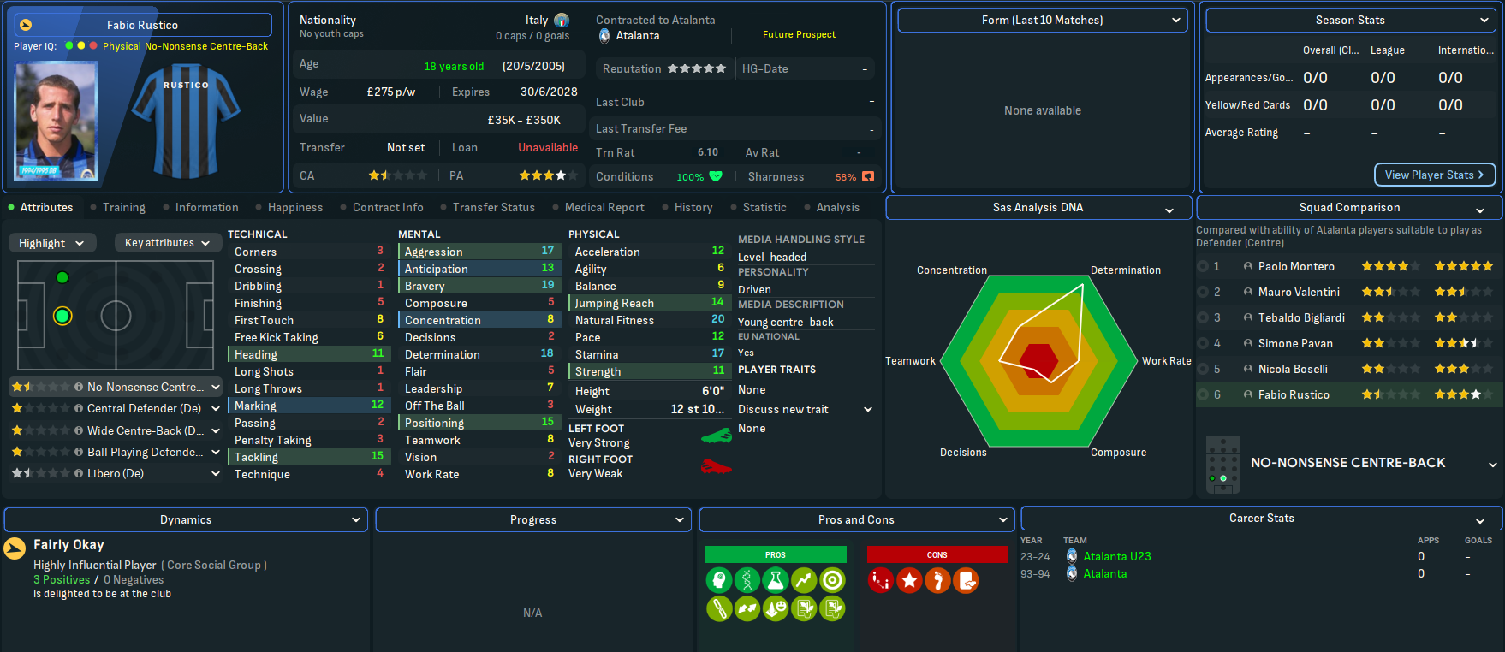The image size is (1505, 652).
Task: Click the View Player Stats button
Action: [1434, 175]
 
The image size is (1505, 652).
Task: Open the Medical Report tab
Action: [604, 207]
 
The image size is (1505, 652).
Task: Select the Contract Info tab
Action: [388, 207]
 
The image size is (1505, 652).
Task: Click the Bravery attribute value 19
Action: [547, 285]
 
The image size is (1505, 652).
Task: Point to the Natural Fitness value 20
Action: [717, 319]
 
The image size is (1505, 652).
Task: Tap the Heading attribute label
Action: [256, 354]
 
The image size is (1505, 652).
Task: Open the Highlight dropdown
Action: [51, 243]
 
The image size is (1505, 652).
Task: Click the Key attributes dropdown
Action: [167, 243]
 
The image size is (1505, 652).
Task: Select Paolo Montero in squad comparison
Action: [1296, 266]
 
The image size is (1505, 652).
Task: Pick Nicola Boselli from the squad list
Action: [1293, 369]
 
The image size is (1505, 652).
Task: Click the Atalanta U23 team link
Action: [1117, 556]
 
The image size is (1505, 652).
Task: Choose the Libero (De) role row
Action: [116, 473]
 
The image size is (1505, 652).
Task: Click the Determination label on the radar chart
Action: [1125, 270]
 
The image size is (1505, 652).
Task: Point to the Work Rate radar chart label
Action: [1166, 361]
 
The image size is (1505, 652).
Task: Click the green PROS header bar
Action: [776, 554]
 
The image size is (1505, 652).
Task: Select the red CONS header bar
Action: [937, 554]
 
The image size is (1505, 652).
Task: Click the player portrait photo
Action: [56, 121]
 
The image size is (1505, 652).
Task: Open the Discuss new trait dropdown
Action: [805, 409]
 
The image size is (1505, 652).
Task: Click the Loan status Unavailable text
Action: [547, 147]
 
